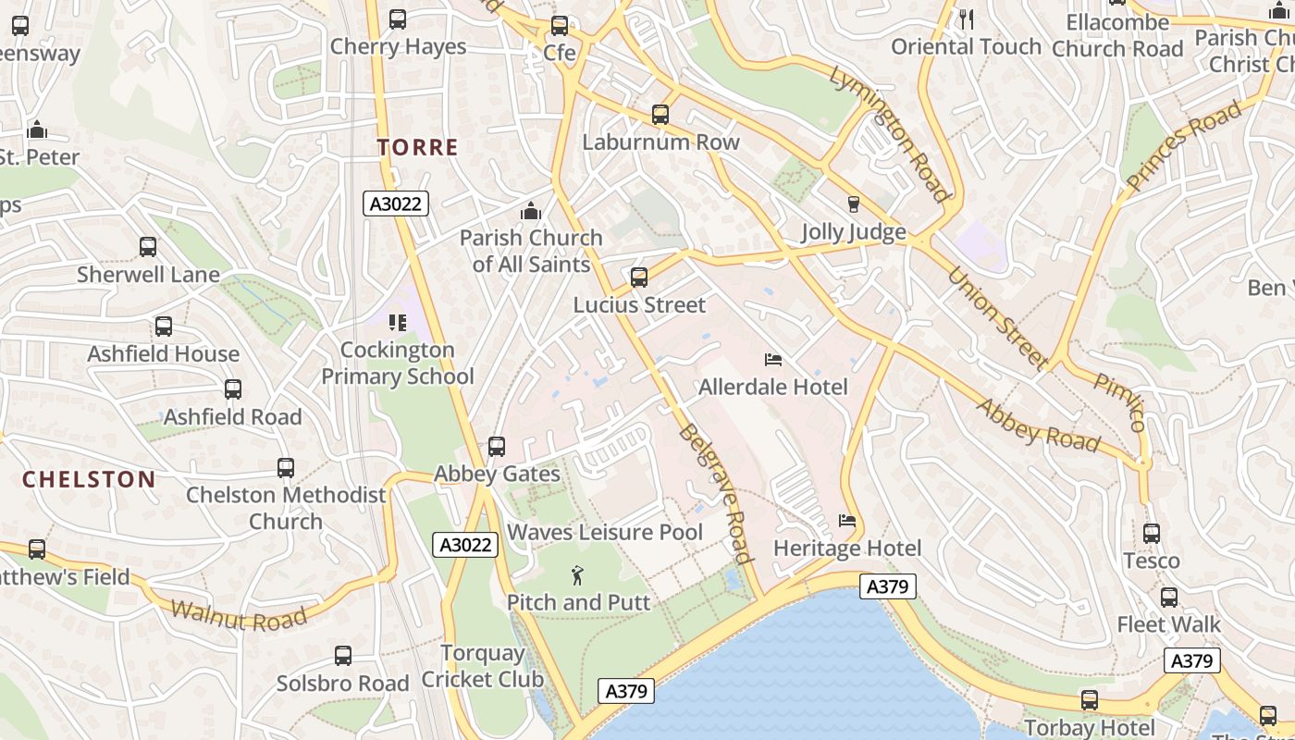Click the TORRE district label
click(x=417, y=147)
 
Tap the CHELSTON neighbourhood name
click(x=88, y=479)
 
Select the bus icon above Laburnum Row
click(x=660, y=115)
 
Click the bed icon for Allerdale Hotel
click(x=773, y=360)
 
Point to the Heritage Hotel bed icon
click(x=847, y=521)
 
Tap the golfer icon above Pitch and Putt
click(x=578, y=575)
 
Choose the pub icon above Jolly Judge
click(x=854, y=204)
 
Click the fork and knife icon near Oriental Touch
click(x=967, y=18)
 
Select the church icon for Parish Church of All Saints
click(x=531, y=212)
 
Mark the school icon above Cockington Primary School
click(x=398, y=323)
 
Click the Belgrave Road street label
click(x=714, y=494)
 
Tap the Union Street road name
click(x=996, y=317)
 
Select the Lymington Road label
click(x=889, y=133)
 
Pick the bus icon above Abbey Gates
click(x=497, y=447)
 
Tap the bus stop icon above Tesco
click(x=1152, y=534)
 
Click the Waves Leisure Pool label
click(x=605, y=533)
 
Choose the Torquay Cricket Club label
click(x=483, y=666)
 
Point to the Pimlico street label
click(x=1120, y=402)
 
